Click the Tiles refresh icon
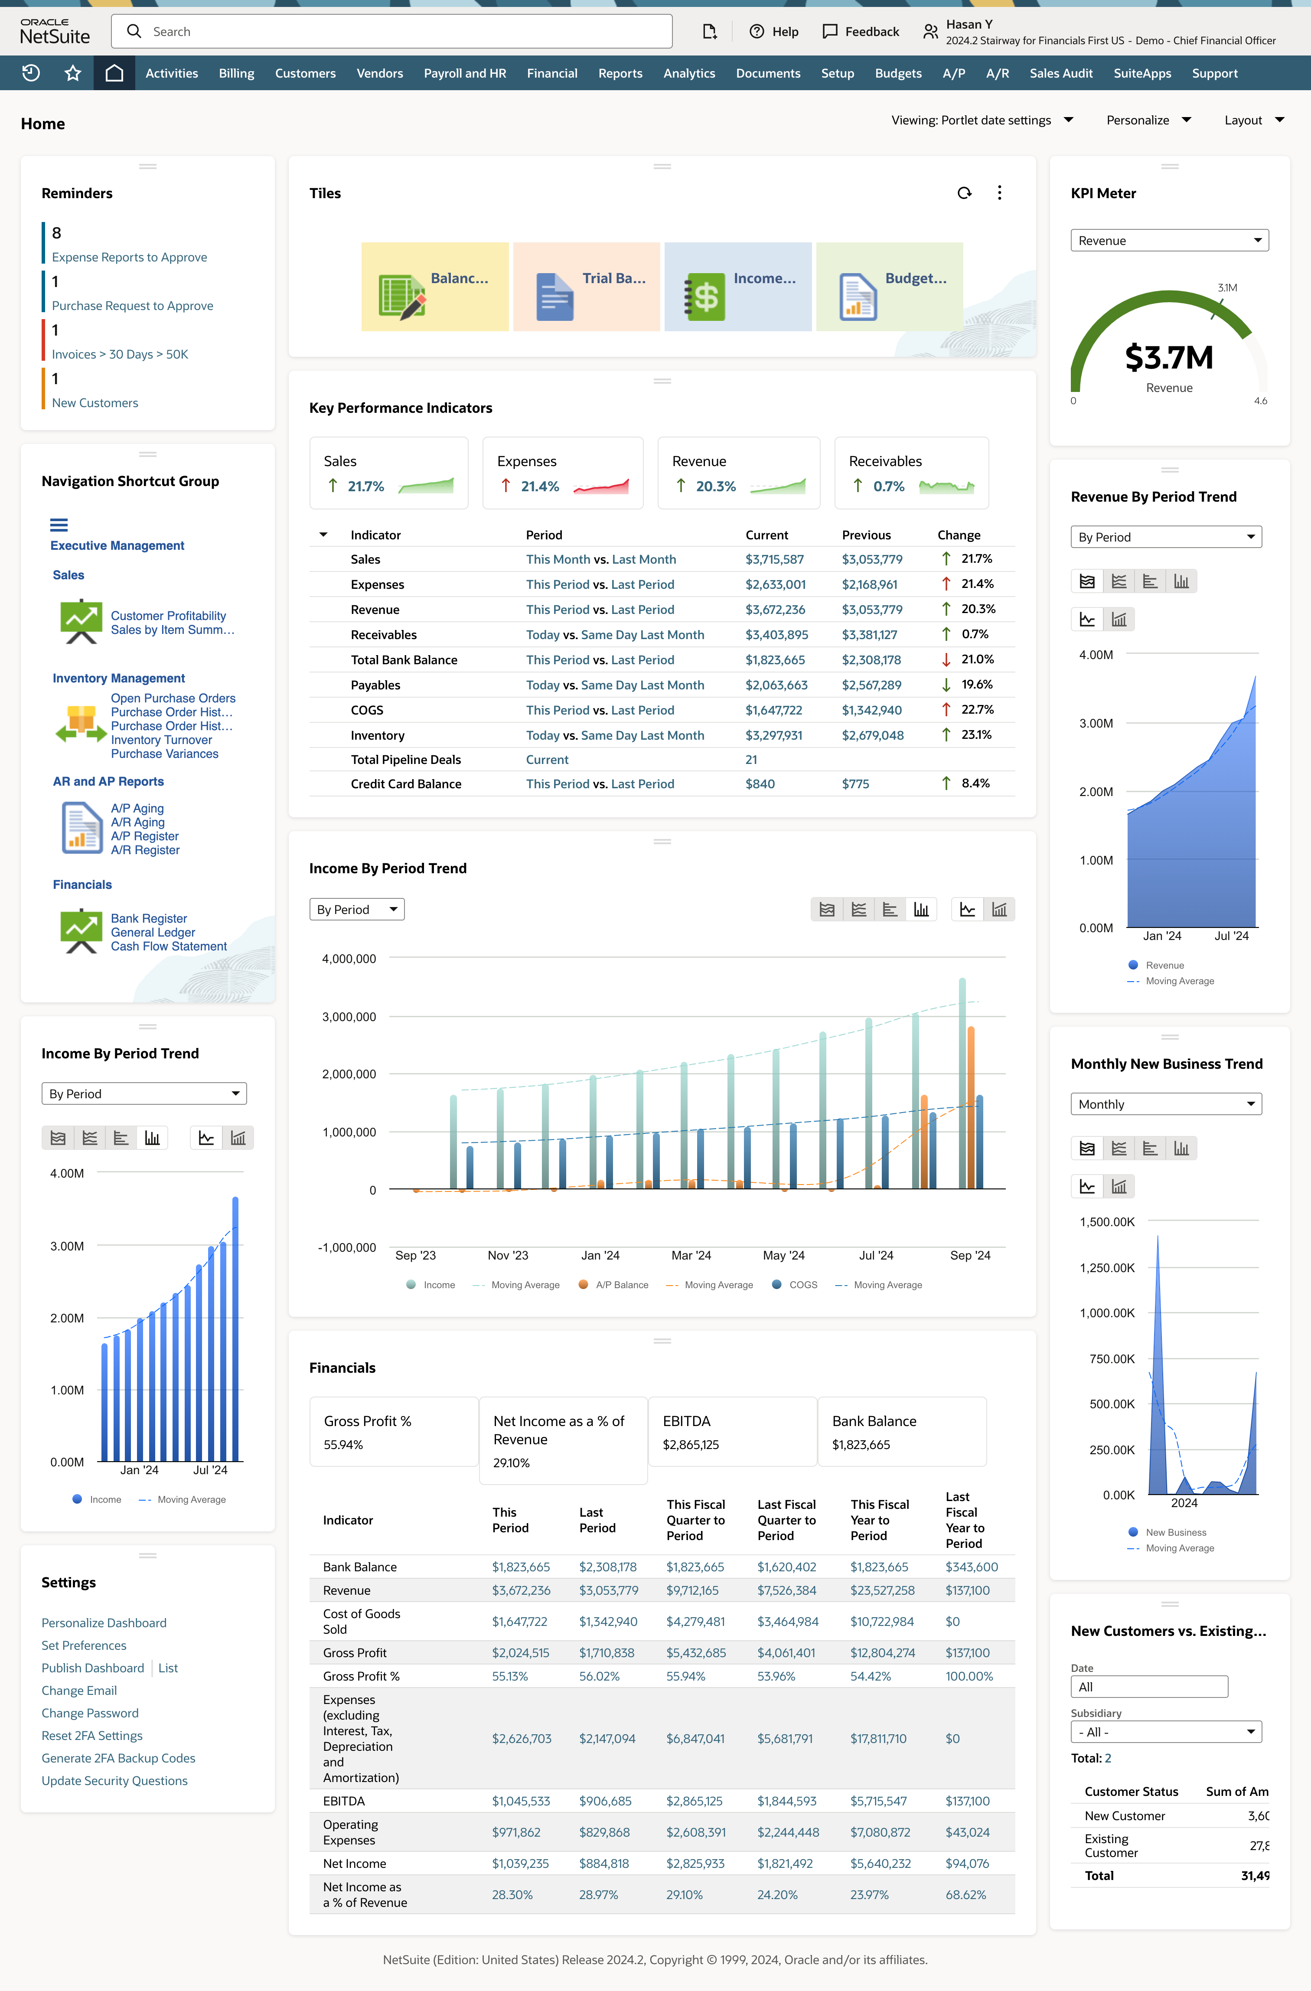click(x=964, y=193)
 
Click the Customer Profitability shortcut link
click(x=168, y=616)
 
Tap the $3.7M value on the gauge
click(x=1169, y=358)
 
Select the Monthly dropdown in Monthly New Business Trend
click(x=1165, y=1104)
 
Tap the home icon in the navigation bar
click(x=114, y=74)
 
